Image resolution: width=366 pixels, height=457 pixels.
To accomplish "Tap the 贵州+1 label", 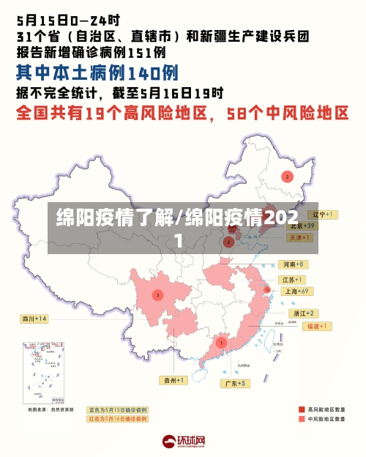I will click(173, 380).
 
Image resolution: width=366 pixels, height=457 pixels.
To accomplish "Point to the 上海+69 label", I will click(298, 291).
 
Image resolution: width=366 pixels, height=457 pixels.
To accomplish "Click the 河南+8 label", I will click(293, 264).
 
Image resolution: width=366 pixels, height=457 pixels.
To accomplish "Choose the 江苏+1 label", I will click(293, 280).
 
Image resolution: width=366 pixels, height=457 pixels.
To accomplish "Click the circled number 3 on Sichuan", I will click(157, 294).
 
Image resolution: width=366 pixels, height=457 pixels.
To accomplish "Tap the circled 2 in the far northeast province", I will click(288, 177).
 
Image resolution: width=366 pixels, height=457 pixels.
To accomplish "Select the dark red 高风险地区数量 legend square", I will click(302, 409).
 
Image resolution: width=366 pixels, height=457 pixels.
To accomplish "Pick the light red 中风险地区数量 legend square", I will click(302, 420).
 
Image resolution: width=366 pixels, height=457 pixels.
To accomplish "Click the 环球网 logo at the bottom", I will click(183, 442).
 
